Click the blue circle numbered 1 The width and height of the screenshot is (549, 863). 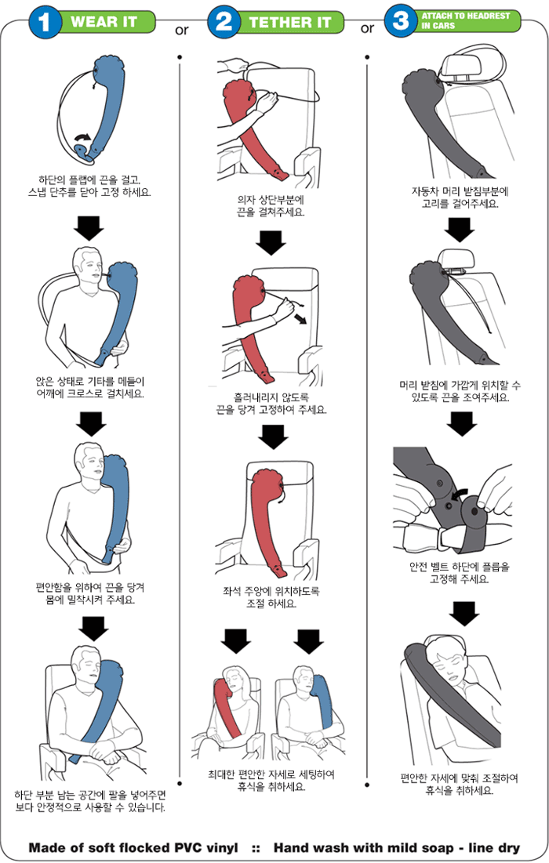tap(45, 22)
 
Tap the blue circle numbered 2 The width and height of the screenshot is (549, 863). tap(224, 22)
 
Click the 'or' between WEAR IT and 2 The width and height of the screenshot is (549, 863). tap(182, 31)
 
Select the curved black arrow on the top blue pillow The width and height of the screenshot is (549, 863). tap(82, 139)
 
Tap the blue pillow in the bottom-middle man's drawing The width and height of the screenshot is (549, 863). tap(321, 702)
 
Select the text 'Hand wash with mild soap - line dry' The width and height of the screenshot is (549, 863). tap(396, 847)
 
